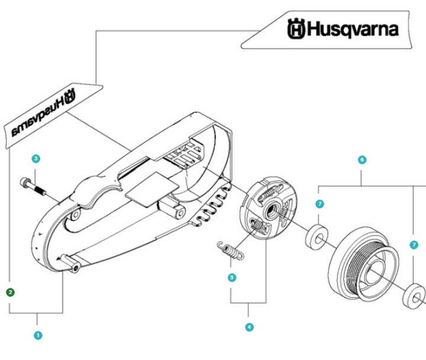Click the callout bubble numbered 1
click(38, 335)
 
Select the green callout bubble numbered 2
click(10, 291)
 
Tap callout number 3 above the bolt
click(36, 159)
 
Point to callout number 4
click(249, 327)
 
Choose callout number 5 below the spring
click(231, 277)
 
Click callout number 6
click(362, 160)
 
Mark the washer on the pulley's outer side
click(414, 294)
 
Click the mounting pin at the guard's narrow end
click(72, 265)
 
